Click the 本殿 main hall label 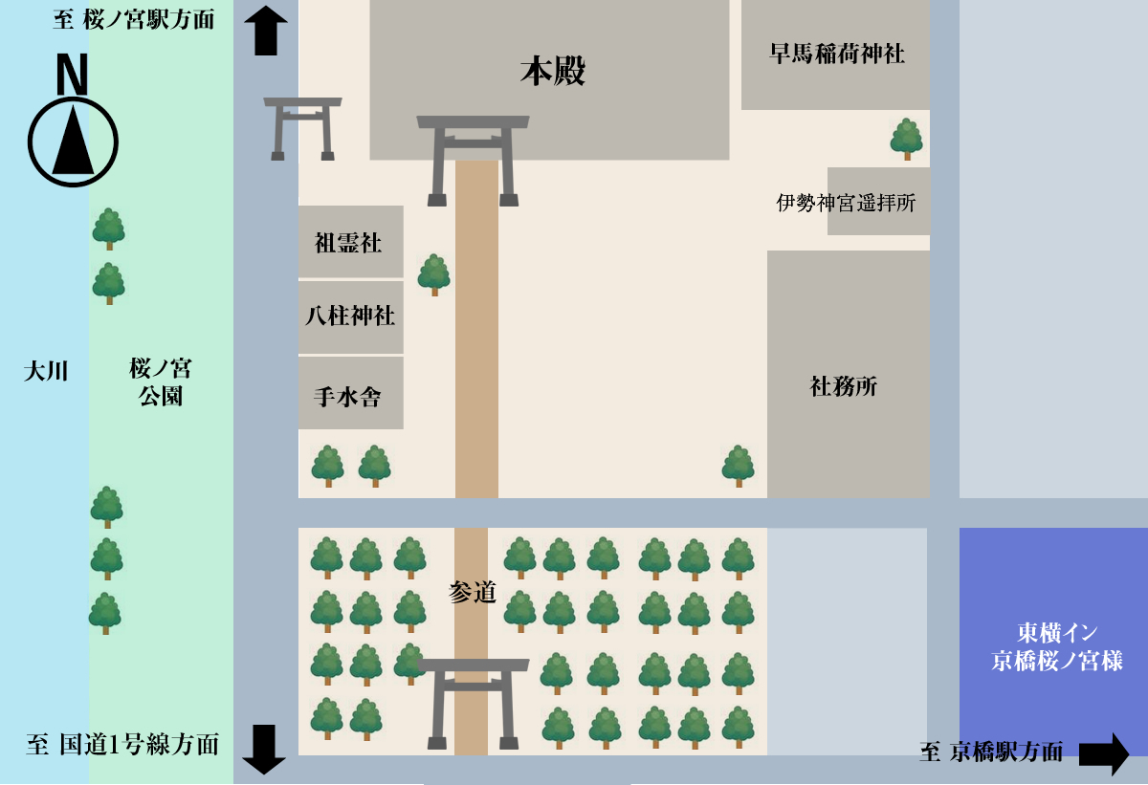tap(553, 72)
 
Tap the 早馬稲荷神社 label tap(837, 54)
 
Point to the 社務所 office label tap(844, 386)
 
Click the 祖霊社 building tap(349, 243)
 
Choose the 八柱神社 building tap(350, 316)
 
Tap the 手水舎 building tap(348, 395)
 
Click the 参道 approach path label tap(473, 593)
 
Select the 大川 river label tap(45, 371)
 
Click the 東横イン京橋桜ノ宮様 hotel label tap(1056, 646)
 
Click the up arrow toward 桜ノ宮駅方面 tap(266, 30)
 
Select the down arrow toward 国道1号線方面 tap(264, 748)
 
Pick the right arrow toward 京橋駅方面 tap(1104, 753)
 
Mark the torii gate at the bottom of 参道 tap(473, 703)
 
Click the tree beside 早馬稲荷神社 tap(906, 139)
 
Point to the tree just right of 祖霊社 tap(434, 274)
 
